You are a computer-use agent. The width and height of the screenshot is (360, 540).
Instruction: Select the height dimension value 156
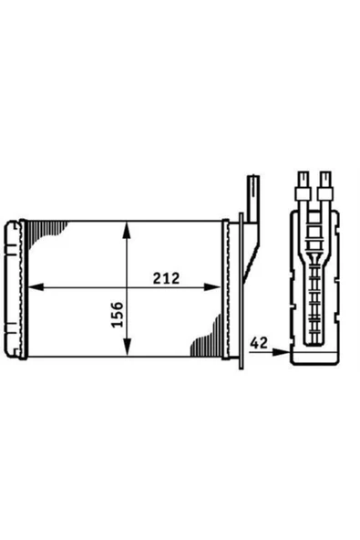pyautogui.click(x=117, y=316)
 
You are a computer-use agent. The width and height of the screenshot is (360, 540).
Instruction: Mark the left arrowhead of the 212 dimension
pyautogui.click(x=36, y=287)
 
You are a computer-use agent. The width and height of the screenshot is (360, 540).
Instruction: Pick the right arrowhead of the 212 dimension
pyautogui.click(x=219, y=287)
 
